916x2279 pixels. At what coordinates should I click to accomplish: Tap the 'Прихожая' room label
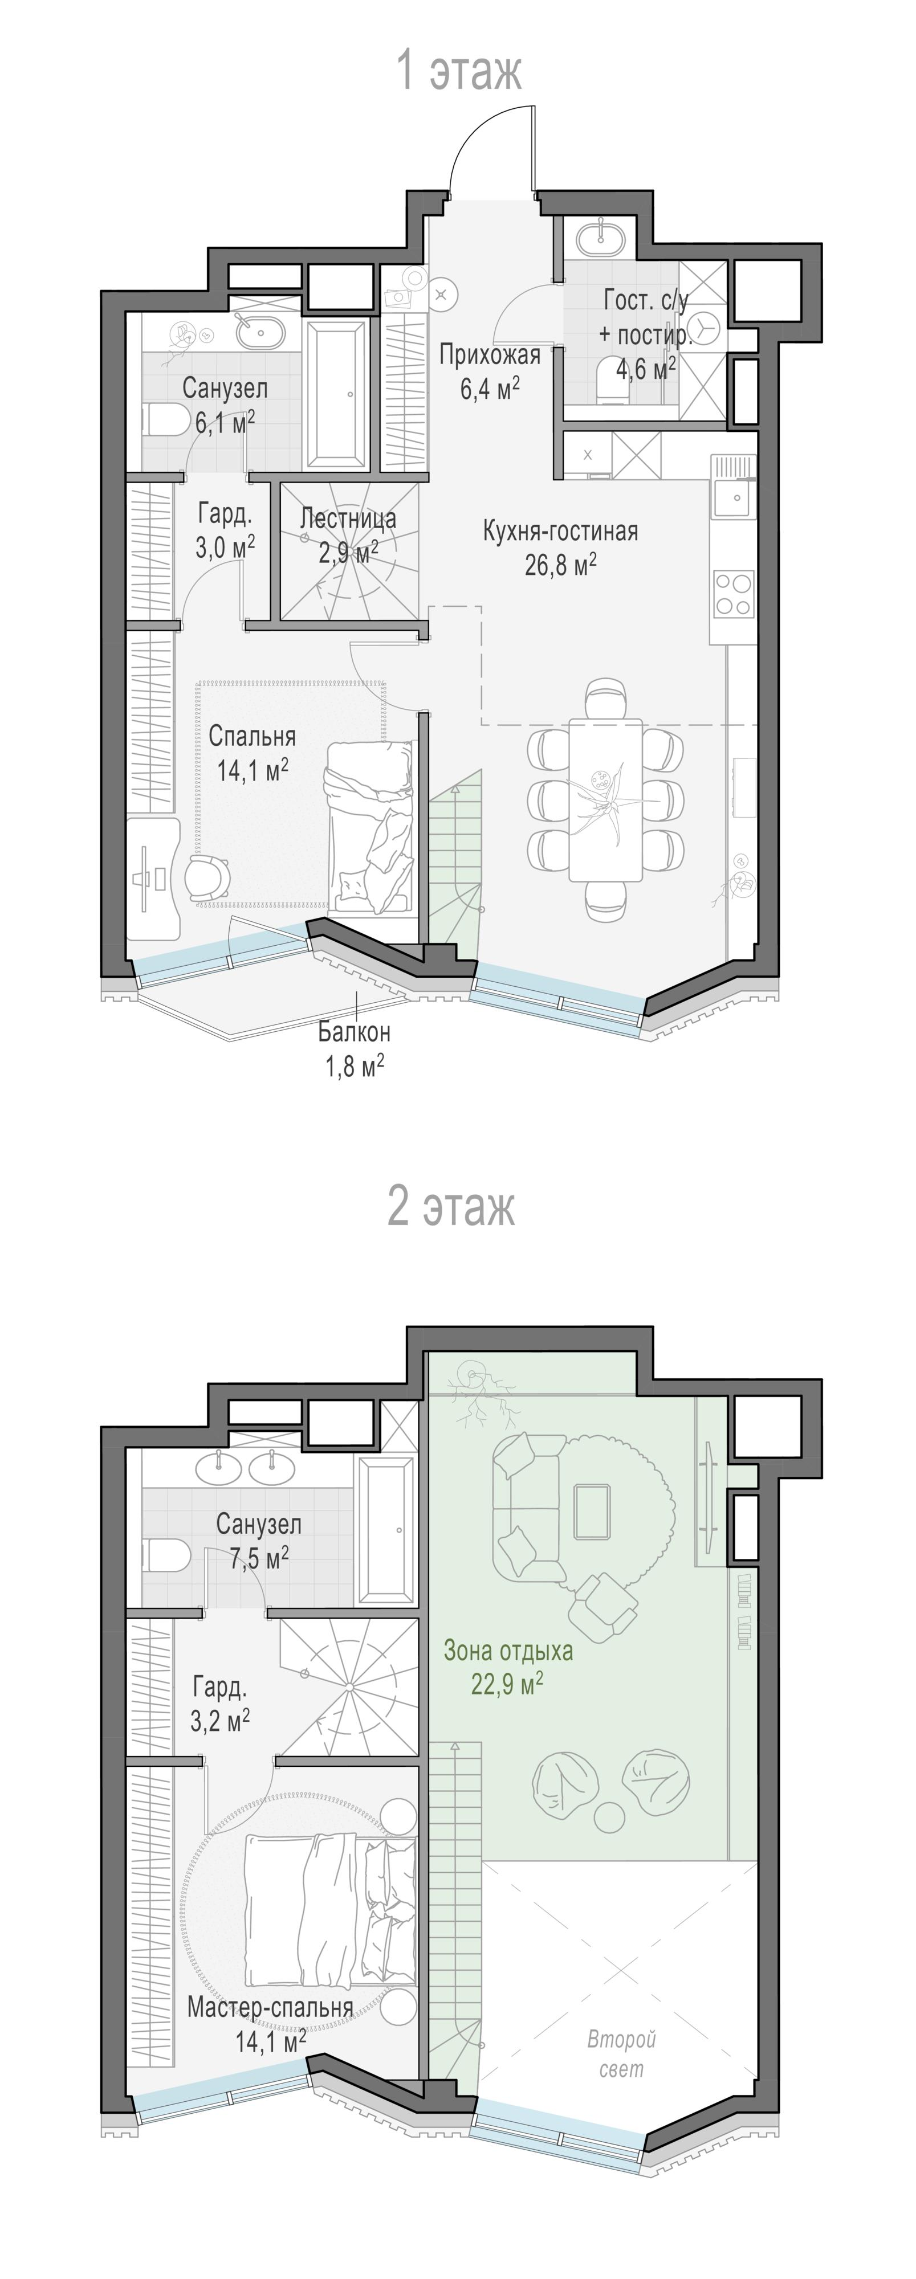click(490, 356)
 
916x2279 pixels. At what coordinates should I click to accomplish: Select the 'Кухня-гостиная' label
click(560, 532)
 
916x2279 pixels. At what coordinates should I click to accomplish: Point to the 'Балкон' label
click(354, 1032)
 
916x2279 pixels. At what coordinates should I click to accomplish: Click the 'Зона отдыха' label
click(508, 1651)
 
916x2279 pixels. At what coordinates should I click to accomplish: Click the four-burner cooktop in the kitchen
click(734, 594)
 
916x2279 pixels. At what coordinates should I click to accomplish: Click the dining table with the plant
click(605, 799)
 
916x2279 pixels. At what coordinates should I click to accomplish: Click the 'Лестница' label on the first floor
click(348, 518)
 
